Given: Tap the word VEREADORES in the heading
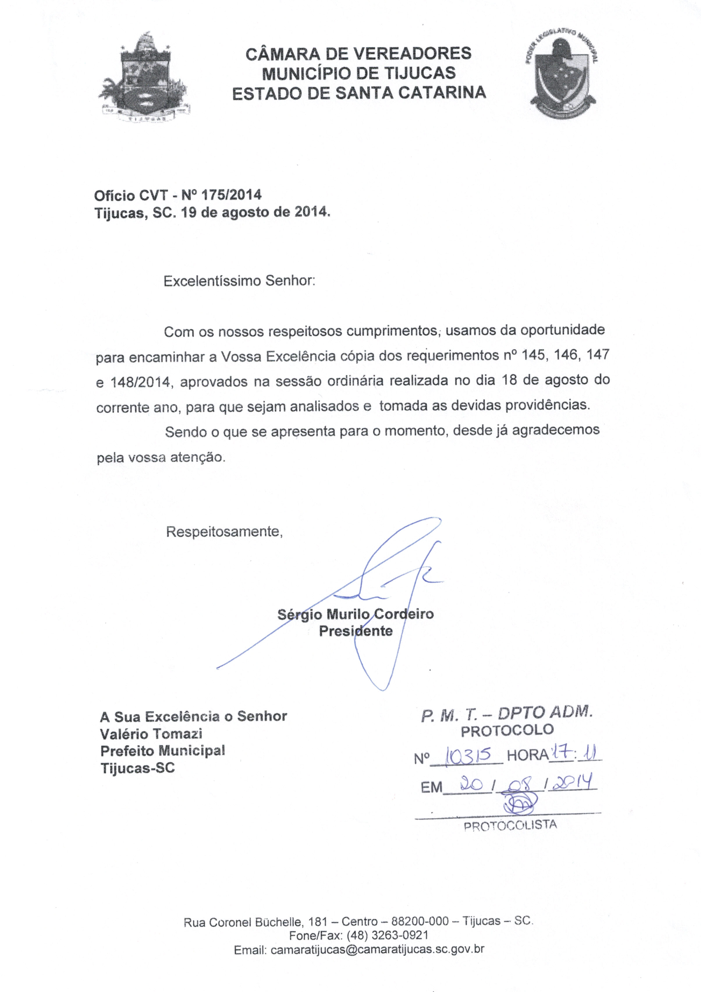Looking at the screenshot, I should [412, 54].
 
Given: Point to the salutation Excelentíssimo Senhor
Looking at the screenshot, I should [239, 281].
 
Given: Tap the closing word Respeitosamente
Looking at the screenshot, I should [224, 532].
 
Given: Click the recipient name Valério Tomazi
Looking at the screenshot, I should [151, 734].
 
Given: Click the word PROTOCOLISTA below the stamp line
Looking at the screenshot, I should [510, 826].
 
